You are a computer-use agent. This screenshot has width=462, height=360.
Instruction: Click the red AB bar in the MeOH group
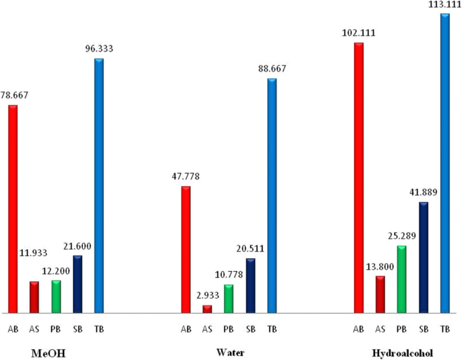click(x=13, y=209)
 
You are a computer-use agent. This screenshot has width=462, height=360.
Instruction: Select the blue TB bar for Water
click(x=272, y=196)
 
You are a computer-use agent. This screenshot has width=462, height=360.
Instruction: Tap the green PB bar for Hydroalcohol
click(x=401, y=279)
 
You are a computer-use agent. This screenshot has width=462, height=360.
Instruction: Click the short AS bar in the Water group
click(x=207, y=309)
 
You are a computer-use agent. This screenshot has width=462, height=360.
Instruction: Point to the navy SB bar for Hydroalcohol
click(x=423, y=258)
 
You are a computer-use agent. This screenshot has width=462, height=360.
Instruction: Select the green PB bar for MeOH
click(x=56, y=297)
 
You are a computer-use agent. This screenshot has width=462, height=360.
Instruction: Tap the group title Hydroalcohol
click(x=402, y=353)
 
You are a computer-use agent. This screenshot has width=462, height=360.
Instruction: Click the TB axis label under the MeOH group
click(x=99, y=329)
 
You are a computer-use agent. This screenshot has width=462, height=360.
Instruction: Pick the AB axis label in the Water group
click(x=185, y=329)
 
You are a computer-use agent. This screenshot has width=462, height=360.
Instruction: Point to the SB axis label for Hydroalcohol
click(x=423, y=329)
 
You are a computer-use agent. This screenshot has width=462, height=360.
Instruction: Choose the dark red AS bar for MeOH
click(x=34, y=297)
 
